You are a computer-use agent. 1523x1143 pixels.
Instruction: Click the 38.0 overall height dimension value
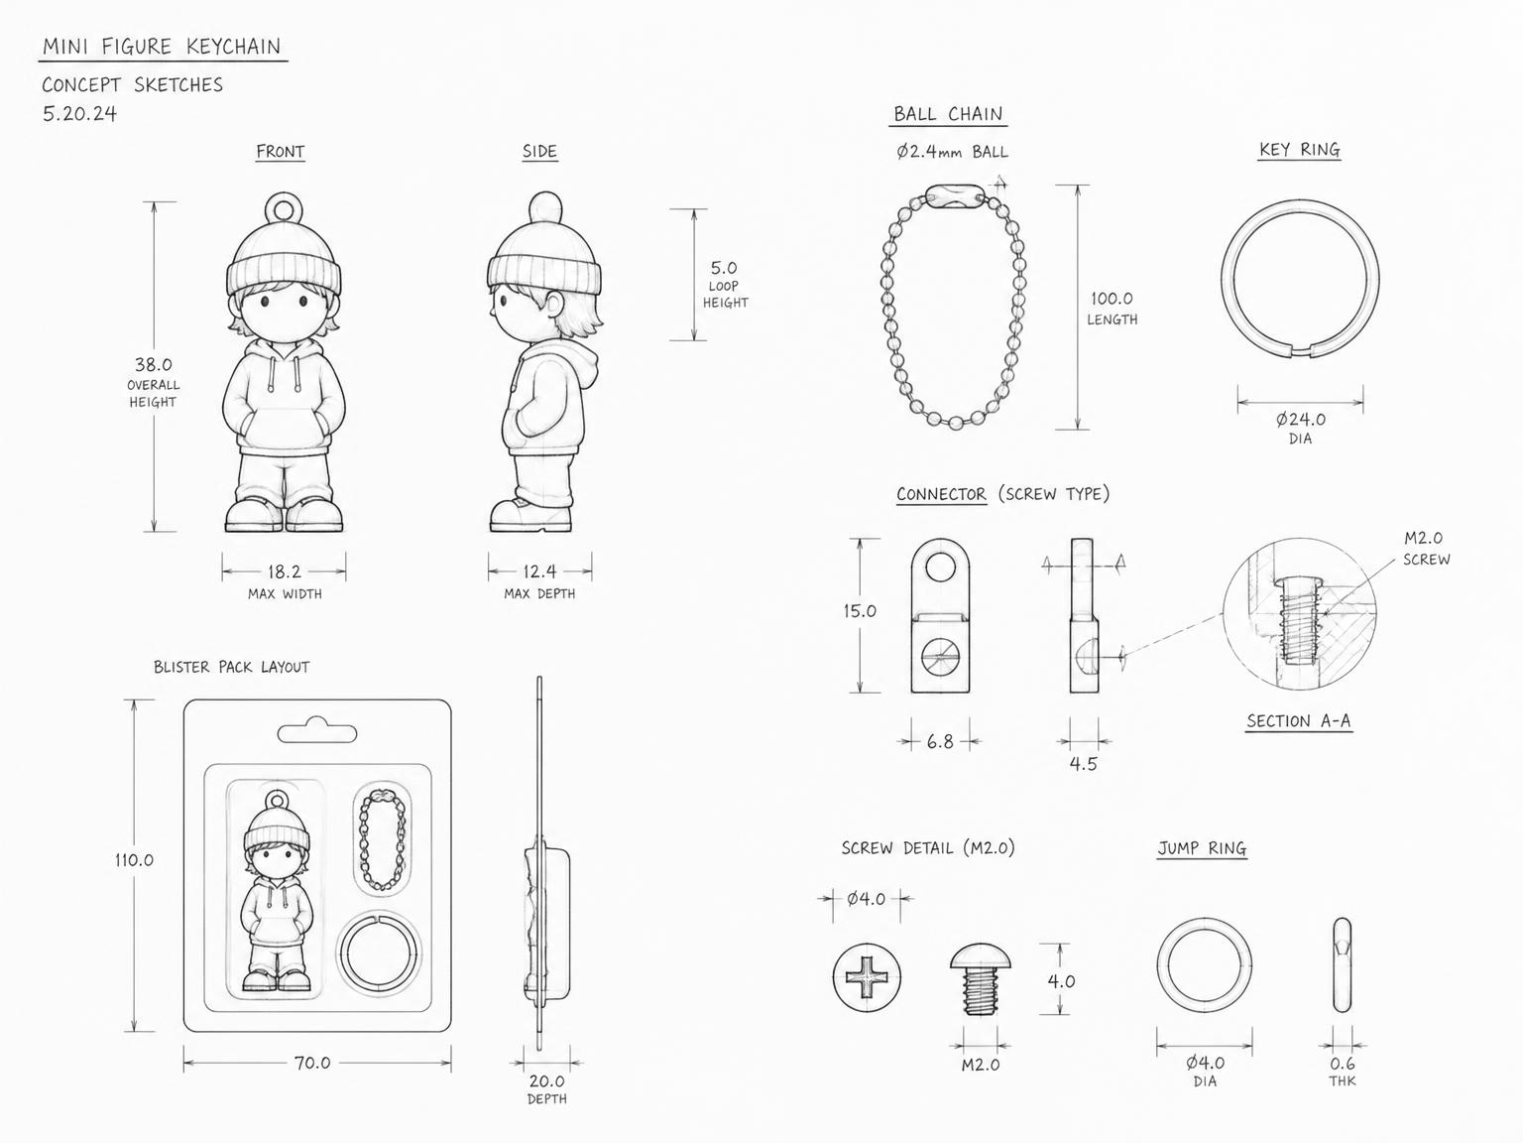(154, 364)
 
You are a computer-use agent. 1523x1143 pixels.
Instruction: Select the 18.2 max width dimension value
(285, 571)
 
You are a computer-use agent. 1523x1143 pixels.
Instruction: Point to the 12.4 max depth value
(539, 571)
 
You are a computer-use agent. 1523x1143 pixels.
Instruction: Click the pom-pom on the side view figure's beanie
(545, 206)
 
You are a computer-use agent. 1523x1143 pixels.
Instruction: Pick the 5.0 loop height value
(724, 268)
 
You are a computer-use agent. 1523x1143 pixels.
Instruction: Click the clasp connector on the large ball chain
(955, 195)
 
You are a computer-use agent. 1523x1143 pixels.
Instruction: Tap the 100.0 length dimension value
(1112, 299)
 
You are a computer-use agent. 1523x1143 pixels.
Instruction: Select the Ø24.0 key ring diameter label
(1300, 419)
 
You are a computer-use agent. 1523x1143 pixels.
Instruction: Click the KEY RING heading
(1300, 150)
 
